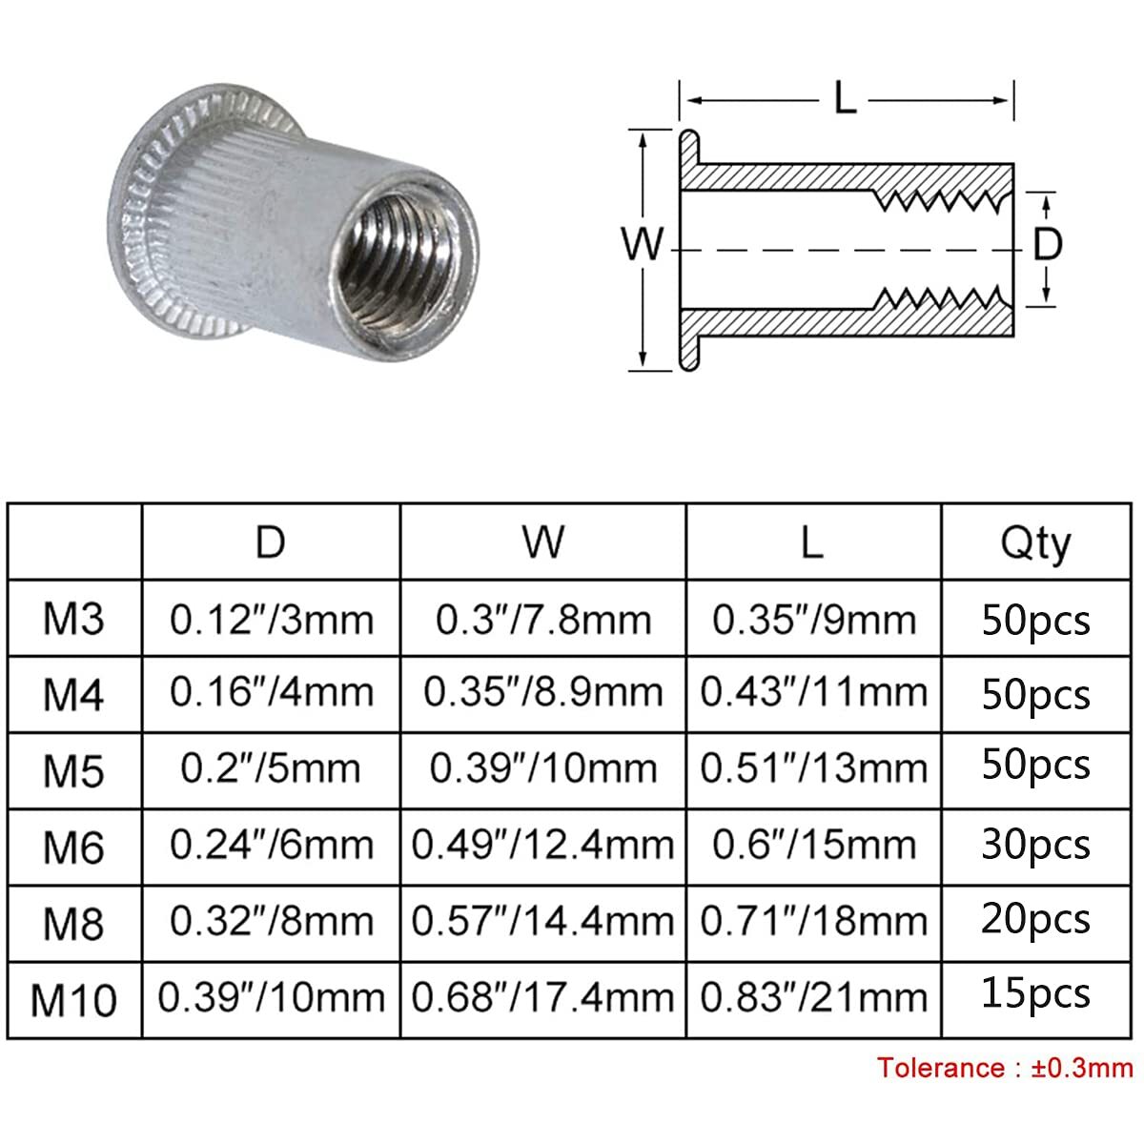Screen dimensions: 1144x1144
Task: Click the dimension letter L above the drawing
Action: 845,98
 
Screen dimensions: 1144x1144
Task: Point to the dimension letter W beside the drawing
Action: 642,244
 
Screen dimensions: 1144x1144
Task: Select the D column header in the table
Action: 270,542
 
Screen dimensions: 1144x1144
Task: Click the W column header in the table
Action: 543,542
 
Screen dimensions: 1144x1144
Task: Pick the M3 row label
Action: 73,619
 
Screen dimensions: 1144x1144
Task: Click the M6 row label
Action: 73,848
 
